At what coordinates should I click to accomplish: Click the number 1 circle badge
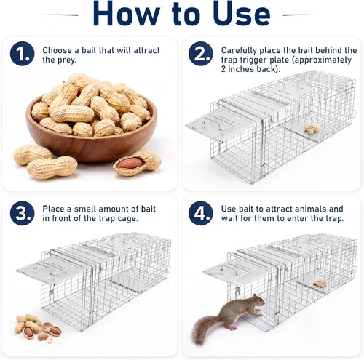coord(22,54)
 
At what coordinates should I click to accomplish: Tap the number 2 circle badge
coord(201,54)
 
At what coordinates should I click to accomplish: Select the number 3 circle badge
coord(22,213)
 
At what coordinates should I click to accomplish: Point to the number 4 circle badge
coord(201,213)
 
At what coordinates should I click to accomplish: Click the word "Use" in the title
coord(242,13)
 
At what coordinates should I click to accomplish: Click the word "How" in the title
coord(126,13)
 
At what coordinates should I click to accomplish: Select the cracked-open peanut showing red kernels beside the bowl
coord(137,163)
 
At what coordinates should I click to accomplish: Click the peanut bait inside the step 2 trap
coord(312,129)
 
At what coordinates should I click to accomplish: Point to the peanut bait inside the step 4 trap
coord(320,284)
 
